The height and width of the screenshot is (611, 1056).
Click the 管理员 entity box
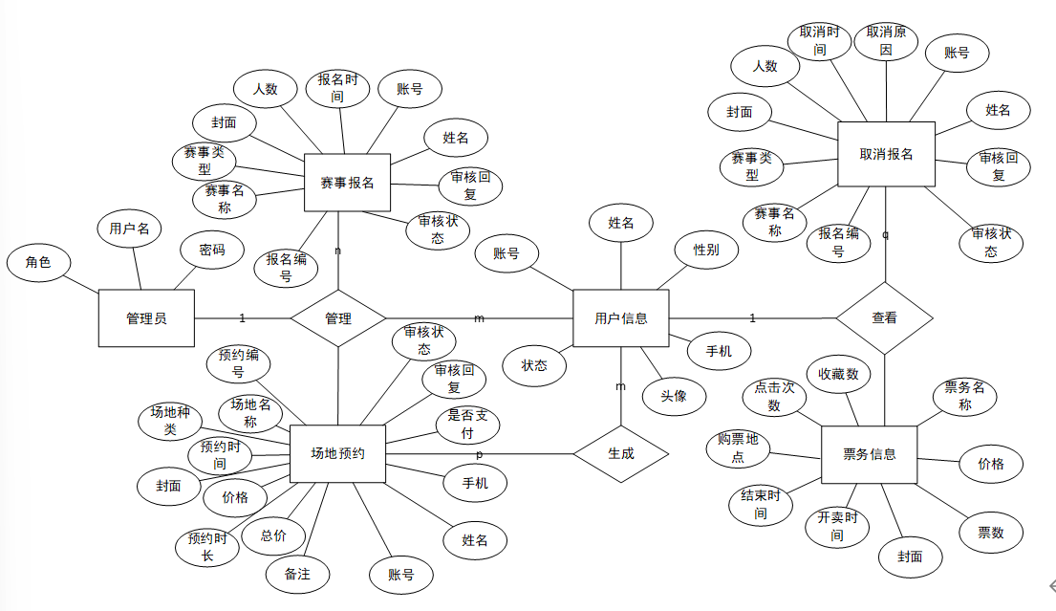[146, 317]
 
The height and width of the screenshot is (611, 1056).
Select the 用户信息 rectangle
[620, 317]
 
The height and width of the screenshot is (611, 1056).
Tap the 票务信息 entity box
[869, 454]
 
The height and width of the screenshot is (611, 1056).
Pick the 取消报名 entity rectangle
[886, 153]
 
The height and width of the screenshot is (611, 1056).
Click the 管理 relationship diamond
[337, 317]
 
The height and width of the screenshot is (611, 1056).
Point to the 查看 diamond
[884, 317]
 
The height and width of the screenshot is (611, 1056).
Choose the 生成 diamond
[620, 454]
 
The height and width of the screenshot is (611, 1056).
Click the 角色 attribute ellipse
[38, 262]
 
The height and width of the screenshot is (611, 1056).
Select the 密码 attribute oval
[212, 251]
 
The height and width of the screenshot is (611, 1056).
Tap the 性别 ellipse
[706, 251]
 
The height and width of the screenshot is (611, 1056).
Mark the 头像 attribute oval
[674, 395]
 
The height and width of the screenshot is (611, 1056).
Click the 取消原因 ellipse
[886, 40]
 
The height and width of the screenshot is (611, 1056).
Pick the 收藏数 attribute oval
[838, 374]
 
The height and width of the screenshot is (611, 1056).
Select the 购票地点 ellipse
[739, 448]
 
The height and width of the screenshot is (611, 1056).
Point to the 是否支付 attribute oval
[468, 425]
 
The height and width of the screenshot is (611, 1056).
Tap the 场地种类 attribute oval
[170, 421]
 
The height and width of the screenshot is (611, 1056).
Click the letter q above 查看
[885, 235]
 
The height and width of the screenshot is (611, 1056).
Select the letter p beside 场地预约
[479, 454]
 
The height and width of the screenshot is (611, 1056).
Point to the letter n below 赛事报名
[337, 251]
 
